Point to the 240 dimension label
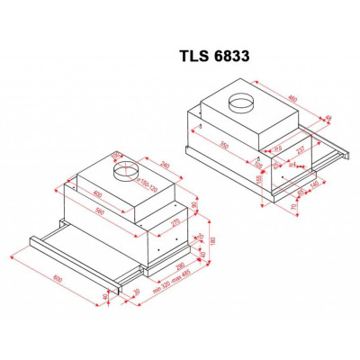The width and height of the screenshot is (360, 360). (164, 166)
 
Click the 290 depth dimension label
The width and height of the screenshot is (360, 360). (179, 266)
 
